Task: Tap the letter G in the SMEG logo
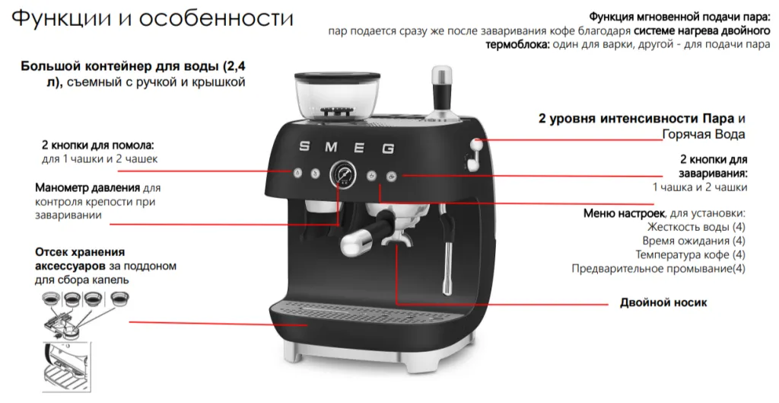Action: [x=388, y=149]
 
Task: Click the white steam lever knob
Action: [x=476, y=144]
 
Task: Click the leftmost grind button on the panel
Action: [x=297, y=173]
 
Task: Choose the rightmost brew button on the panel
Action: [x=392, y=176]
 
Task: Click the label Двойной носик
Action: [x=663, y=302]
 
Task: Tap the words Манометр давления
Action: [x=87, y=188]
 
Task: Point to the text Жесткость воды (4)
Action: [x=696, y=227]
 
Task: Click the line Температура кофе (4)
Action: [x=691, y=254]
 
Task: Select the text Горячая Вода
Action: [x=704, y=134]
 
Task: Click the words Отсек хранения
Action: [x=80, y=251]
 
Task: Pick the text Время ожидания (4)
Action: [x=694, y=241]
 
